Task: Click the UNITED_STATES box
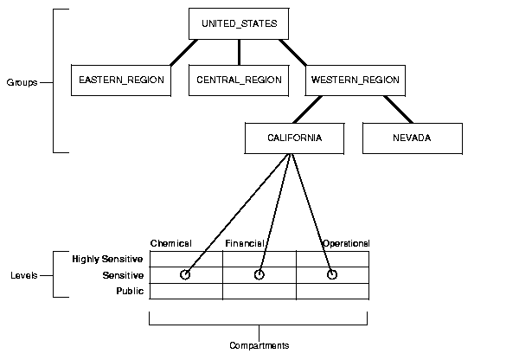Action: [x=239, y=23]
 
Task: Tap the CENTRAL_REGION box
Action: [x=239, y=80]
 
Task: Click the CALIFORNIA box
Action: [x=295, y=138]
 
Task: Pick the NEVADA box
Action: [x=412, y=138]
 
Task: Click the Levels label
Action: [x=23, y=275]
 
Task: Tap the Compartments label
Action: [x=259, y=345]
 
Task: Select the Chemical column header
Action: [x=170, y=243]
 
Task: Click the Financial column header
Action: [x=244, y=243]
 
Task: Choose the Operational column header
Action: [x=346, y=243]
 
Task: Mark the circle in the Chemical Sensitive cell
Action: [x=185, y=275]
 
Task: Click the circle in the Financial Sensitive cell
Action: [x=259, y=275]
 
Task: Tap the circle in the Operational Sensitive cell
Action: [x=332, y=275]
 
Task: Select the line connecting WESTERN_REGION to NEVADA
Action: [x=398, y=108]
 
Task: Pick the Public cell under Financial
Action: [x=259, y=292]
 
